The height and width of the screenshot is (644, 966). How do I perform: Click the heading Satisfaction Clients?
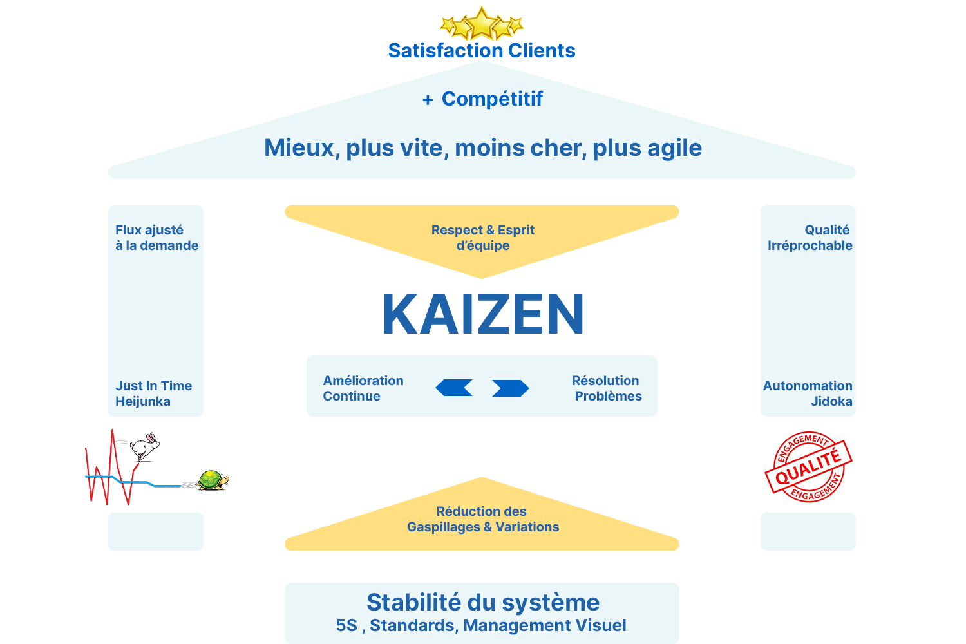481,50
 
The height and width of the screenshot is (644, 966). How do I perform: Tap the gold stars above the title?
482,24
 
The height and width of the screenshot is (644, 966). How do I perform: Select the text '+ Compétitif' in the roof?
482,99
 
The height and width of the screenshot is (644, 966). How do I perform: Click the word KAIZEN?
483,314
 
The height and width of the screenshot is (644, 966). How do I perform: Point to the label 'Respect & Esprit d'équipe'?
483,238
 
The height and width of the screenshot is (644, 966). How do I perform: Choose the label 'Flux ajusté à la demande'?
156,238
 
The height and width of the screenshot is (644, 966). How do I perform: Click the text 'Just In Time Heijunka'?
153,393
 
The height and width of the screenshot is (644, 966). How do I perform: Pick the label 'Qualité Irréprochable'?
810,238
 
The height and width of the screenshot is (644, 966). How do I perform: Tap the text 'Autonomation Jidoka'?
808,393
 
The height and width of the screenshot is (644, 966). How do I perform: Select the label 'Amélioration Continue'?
363,388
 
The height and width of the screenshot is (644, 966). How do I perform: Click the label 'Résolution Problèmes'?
607,388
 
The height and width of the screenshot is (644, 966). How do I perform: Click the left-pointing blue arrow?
454,388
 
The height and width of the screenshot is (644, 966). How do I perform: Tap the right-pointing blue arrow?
510,388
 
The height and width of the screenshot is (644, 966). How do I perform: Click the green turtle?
211,480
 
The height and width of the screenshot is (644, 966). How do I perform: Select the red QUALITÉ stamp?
809,467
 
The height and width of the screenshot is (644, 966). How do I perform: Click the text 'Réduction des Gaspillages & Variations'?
482,519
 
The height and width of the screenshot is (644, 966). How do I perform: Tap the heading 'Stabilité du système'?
483,603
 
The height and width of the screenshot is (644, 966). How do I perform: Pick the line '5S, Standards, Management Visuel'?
481,625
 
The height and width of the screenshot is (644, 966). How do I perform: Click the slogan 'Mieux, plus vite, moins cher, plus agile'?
483,148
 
